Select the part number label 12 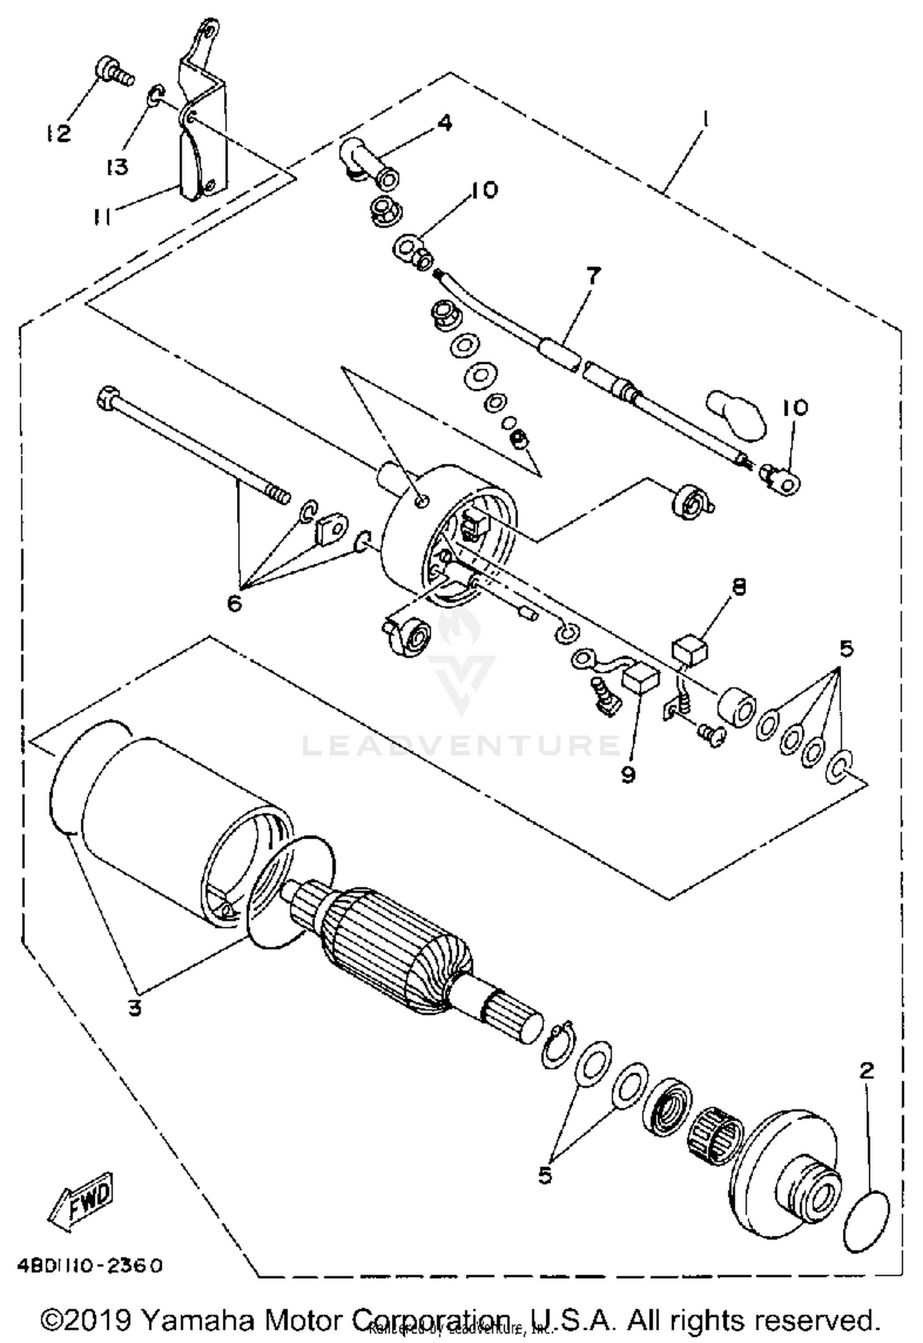coord(58,133)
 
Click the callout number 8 coord(738,586)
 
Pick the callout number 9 coord(627,775)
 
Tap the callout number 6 coord(234,603)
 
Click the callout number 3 coord(135,1007)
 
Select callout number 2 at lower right coord(866,1070)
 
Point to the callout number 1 coord(706,118)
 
